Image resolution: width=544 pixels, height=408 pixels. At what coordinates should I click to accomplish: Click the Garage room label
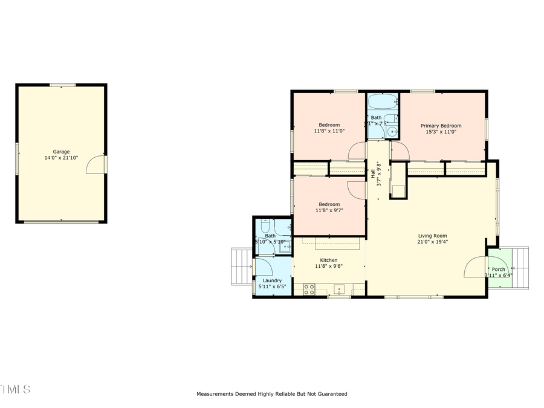[x=61, y=152]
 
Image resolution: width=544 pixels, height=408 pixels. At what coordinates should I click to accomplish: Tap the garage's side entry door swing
[x=96, y=164]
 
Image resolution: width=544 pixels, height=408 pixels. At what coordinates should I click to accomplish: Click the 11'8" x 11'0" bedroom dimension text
[x=329, y=131]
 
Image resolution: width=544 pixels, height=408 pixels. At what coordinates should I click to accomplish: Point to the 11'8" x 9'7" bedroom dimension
[x=329, y=210]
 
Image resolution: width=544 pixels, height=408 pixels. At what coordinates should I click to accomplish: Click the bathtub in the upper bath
[x=382, y=101]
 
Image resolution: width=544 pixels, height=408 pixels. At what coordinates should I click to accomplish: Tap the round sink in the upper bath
[x=393, y=131]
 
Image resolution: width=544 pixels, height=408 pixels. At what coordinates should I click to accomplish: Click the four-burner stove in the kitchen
[x=308, y=289]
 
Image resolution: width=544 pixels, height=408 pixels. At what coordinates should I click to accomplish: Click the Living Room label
[x=432, y=236]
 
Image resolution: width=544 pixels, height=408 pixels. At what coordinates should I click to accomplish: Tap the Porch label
[x=498, y=270]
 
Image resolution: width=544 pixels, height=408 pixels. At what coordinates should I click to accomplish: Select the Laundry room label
[x=272, y=280]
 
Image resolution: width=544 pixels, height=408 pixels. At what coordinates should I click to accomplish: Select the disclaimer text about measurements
[x=271, y=394]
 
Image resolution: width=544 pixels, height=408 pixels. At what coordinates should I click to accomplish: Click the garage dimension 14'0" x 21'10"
[x=61, y=158]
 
